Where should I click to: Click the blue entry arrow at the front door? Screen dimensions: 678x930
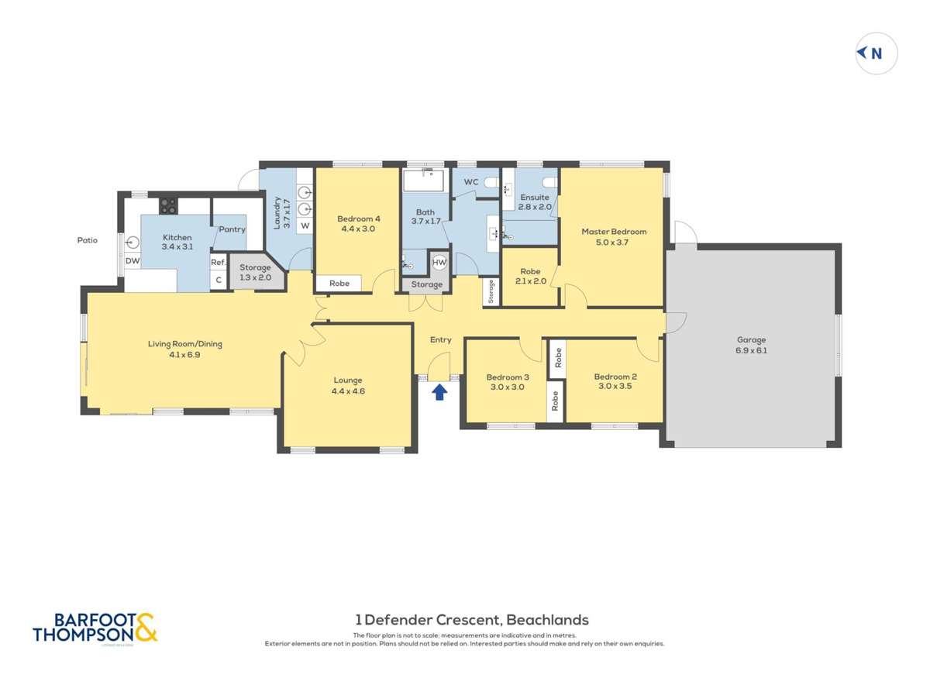point(439,392)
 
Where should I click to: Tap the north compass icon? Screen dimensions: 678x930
point(876,53)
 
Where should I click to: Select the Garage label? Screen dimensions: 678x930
point(751,339)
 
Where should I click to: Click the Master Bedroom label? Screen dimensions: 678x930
point(614,231)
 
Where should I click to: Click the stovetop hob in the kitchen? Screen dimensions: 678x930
point(168,205)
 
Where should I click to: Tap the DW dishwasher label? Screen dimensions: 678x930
point(133,261)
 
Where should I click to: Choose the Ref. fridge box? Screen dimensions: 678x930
point(219,263)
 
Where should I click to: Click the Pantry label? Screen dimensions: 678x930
point(232,229)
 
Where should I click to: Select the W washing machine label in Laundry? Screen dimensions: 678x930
point(305,225)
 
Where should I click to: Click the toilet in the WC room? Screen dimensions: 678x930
point(489,183)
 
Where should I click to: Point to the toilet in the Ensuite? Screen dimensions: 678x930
point(548,183)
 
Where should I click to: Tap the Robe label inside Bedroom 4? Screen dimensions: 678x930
point(339,284)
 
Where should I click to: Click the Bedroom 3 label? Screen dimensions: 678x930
point(506,377)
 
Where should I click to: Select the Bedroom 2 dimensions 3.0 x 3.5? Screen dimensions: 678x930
point(614,387)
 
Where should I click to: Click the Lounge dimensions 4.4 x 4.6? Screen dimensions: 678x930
point(348,391)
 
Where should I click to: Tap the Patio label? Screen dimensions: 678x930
point(87,240)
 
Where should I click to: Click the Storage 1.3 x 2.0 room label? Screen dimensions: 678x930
point(255,273)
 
